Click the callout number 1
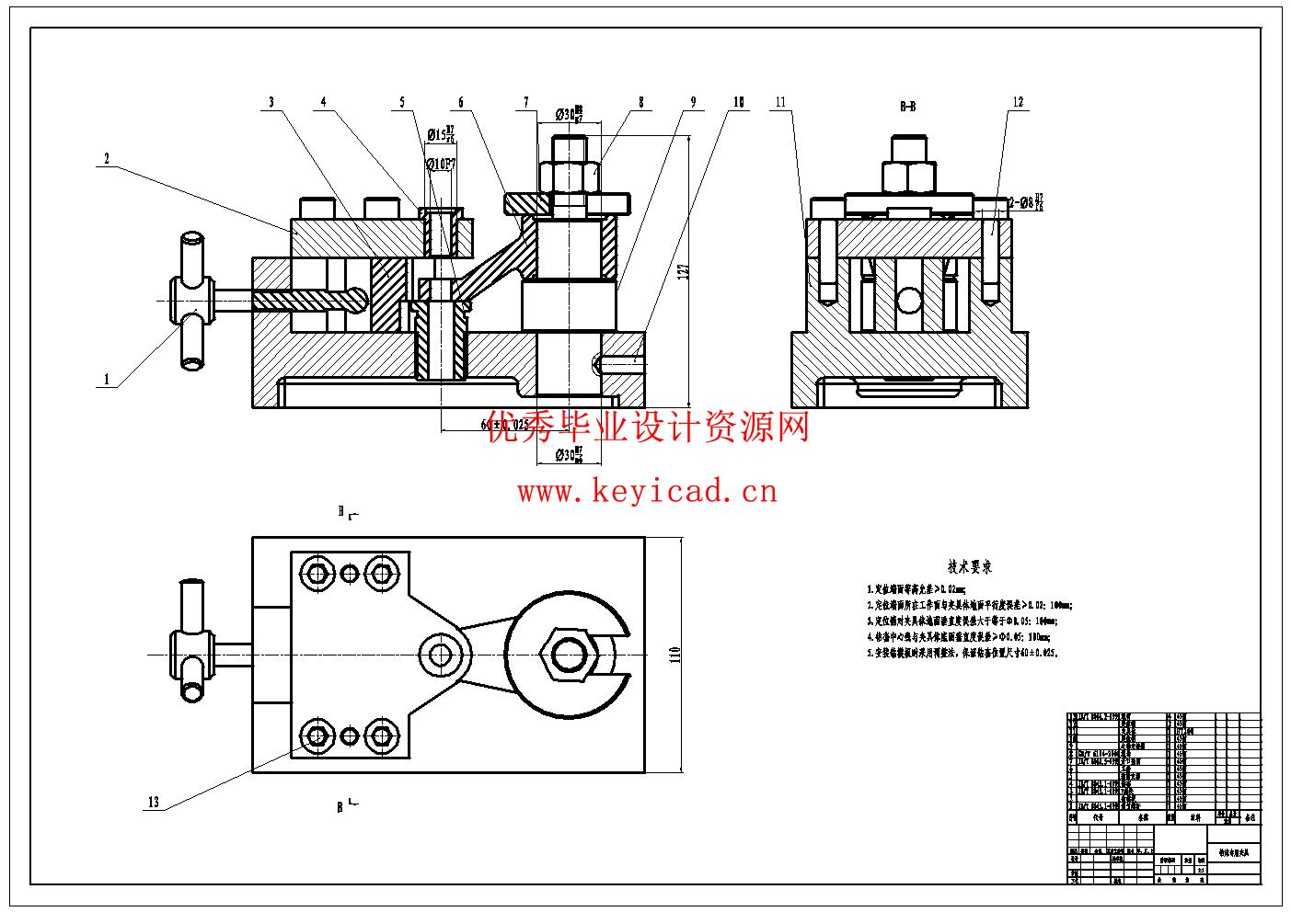[x=107, y=379]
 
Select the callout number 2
[x=107, y=159]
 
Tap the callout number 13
[x=154, y=802]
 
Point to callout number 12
[x=1018, y=102]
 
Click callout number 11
[x=781, y=102]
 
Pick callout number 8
[x=641, y=102]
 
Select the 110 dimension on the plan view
[x=674, y=655]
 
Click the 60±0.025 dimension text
[x=503, y=425]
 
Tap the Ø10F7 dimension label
[x=442, y=164]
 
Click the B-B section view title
[x=907, y=107]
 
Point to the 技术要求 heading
[x=969, y=567]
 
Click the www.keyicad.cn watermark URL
[x=647, y=492]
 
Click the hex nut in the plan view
[x=569, y=655]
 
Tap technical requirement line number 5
[x=962, y=653]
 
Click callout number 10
[x=738, y=102]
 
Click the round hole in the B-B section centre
[x=909, y=301]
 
